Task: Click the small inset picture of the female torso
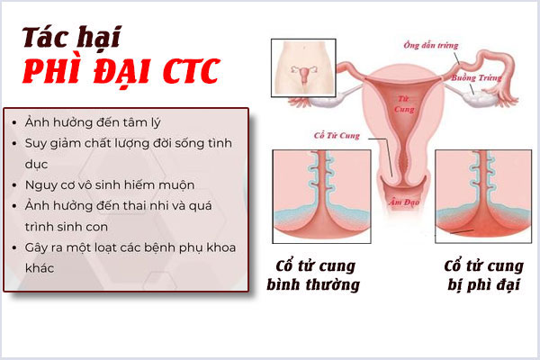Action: click(x=302, y=67)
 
